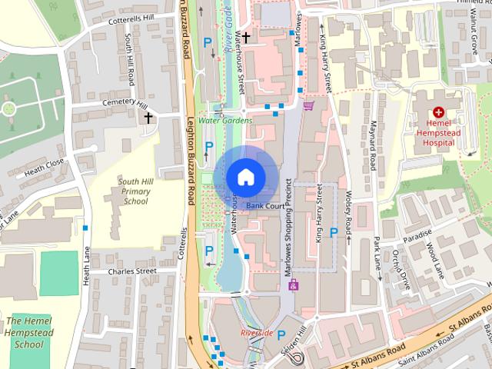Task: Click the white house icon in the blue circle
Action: point(244,176)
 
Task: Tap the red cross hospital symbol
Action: point(437,111)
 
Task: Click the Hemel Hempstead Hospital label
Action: point(439,131)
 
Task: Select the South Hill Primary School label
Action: point(135,191)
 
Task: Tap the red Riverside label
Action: point(256,333)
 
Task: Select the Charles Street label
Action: point(131,271)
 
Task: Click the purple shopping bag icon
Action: point(292,285)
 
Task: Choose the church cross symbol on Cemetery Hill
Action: point(148,118)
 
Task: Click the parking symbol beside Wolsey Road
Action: point(333,232)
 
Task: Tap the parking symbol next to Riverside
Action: point(281,334)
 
